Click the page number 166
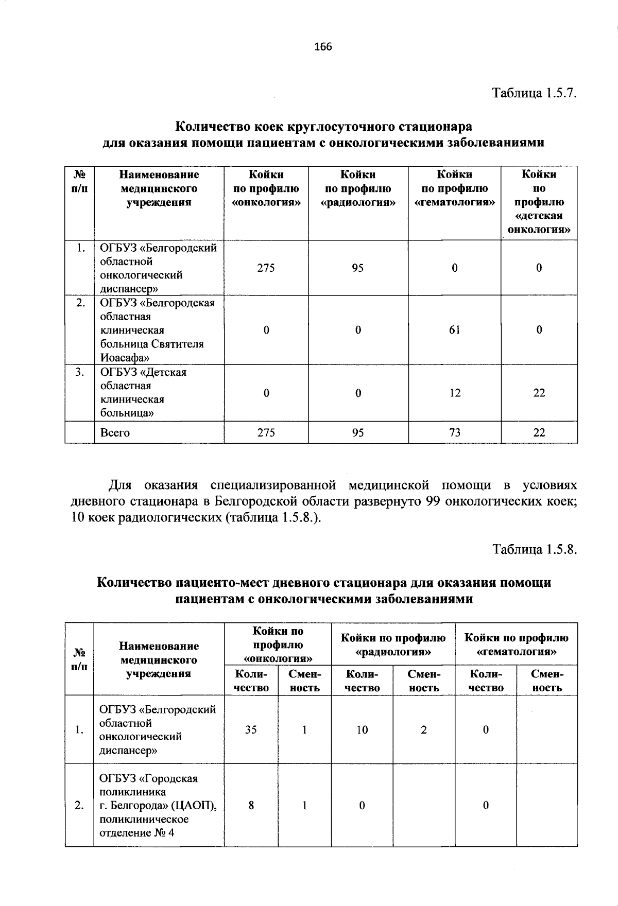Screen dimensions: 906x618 [x=323, y=47]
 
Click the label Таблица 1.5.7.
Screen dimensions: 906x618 [x=534, y=93]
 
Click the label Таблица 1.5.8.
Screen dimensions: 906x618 [x=534, y=549]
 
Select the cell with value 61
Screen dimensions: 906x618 [x=454, y=330]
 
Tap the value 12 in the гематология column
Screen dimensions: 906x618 [x=454, y=393]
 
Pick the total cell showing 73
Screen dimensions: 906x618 [x=454, y=432]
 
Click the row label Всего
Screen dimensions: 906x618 [x=115, y=432]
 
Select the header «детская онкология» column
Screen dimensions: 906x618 [x=539, y=202]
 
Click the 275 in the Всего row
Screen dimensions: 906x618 [x=266, y=432]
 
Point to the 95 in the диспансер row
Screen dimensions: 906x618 [x=358, y=268]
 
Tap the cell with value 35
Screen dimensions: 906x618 [x=251, y=729]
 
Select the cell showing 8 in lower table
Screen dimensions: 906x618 [x=251, y=805]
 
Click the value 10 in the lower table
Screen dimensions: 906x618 [x=362, y=729]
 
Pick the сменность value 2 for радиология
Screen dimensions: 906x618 [x=423, y=729]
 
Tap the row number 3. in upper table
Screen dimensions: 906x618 [x=79, y=372]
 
